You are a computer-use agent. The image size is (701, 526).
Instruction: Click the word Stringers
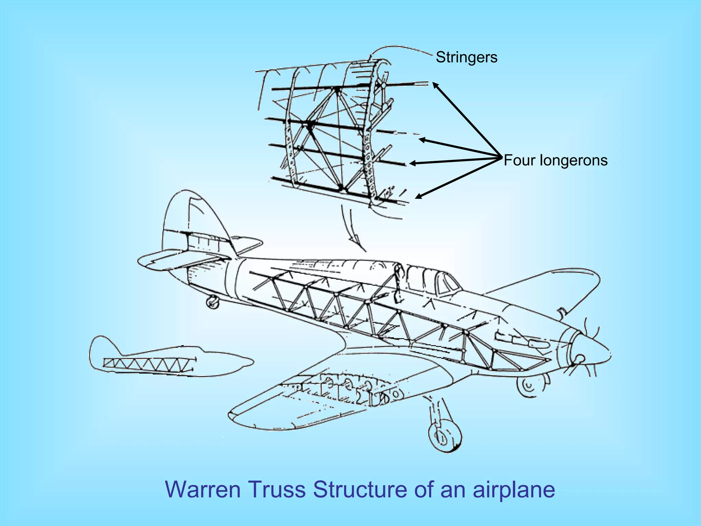click(x=466, y=57)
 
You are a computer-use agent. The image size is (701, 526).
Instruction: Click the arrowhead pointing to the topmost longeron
click(x=435, y=85)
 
